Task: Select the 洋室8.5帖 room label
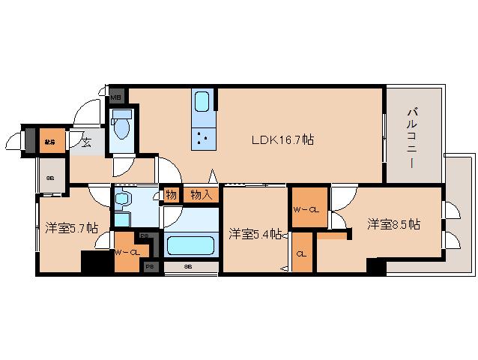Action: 393,224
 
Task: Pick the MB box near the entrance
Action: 116,97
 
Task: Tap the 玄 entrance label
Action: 85,142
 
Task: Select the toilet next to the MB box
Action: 122,127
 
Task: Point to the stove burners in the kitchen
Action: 203,137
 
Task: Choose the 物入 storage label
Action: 200,195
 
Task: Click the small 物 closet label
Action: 172,195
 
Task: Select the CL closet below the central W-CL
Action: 301,253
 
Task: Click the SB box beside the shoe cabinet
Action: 51,178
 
